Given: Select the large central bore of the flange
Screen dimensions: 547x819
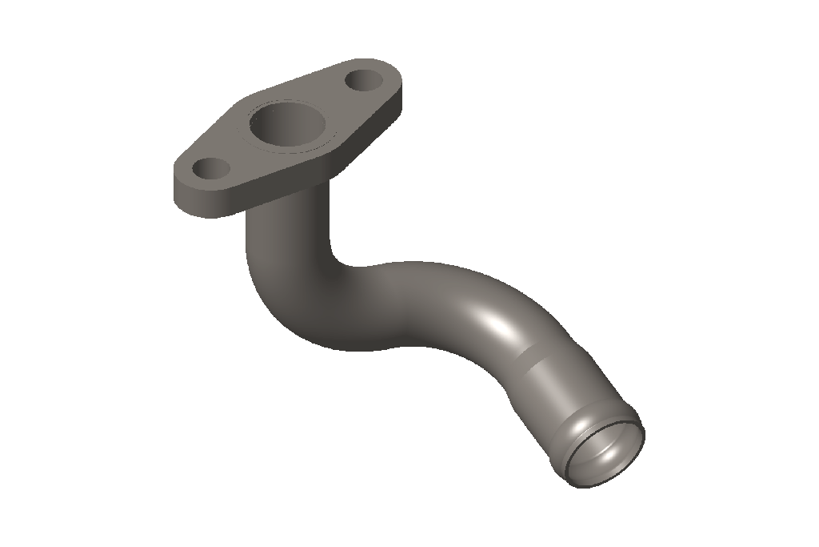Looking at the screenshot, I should (286, 127).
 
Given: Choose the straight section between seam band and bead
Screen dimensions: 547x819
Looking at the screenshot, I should (560, 384).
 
